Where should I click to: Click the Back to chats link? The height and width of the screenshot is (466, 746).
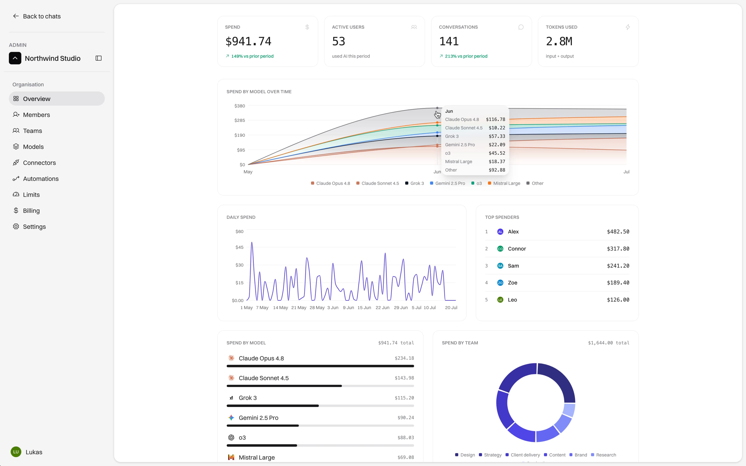37,16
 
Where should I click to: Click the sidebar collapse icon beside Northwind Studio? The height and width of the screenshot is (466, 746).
99,58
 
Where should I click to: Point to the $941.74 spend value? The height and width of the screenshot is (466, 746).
248,41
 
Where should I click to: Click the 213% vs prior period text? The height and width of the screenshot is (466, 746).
466,56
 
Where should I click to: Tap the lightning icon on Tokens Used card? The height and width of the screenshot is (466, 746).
628,27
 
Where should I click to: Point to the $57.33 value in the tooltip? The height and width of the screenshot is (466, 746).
497,136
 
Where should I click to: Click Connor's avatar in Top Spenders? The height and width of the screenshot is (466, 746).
500,249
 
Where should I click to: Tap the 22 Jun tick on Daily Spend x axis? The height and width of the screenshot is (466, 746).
382,308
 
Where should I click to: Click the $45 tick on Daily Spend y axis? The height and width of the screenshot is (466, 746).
240,247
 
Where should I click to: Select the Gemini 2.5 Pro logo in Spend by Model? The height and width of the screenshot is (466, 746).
231,418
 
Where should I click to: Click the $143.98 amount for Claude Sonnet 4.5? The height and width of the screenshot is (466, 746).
404,378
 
